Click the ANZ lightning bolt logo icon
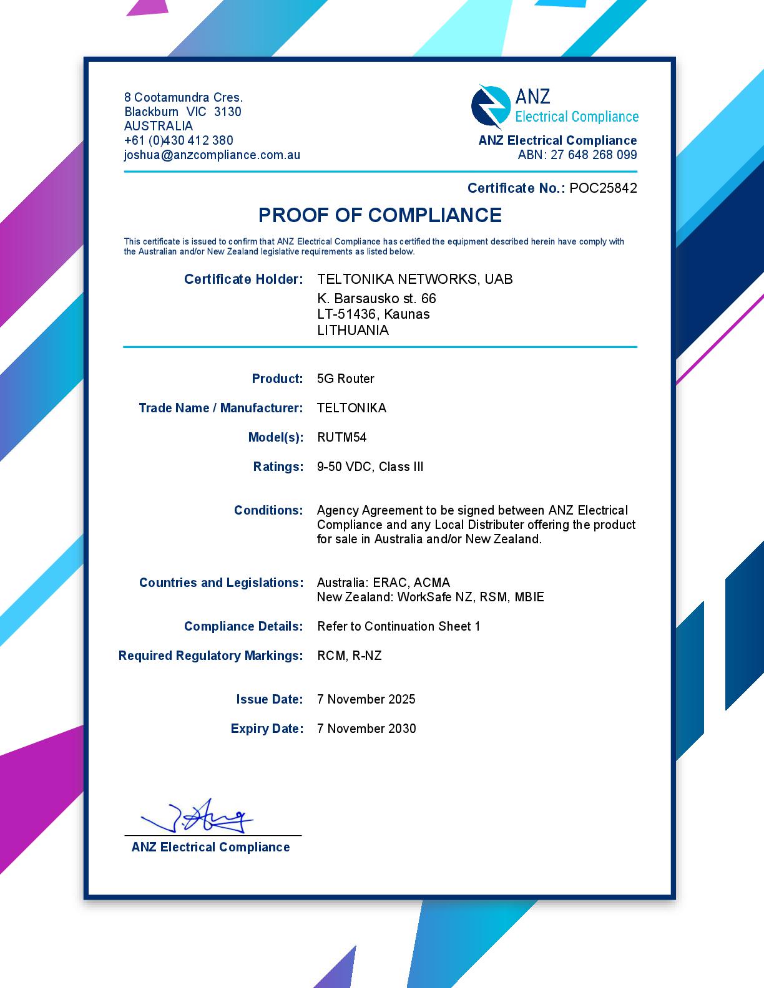pyautogui.click(x=490, y=107)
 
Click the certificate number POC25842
pyautogui.click(x=603, y=188)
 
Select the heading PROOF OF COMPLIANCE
pyautogui.click(x=380, y=215)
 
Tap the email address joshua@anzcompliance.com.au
pyautogui.click(x=212, y=155)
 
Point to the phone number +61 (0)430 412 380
pyautogui.click(x=179, y=140)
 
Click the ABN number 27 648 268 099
pyautogui.click(x=594, y=155)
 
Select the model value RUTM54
pyautogui.click(x=341, y=437)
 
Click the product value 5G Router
pyautogui.click(x=345, y=379)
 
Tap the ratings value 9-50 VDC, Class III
pyautogui.click(x=370, y=467)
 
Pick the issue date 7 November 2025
pyautogui.click(x=366, y=699)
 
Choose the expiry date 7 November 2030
pyautogui.click(x=366, y=729)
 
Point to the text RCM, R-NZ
pyautogui.click(x=349, y=656)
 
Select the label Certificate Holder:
pyautogui.click(x=243, y=279)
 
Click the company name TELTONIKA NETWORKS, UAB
pyautogui.click(x=414, y=279)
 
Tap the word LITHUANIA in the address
pyautogui.click(x=353, y=331)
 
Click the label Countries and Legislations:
pyautogui.click(x=221, y=583)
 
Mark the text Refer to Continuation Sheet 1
pyautogui.click(x=398, y=626)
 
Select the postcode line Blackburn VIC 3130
pyautogui.click(x=182, y=112)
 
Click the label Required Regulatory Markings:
pyautogui.click(x=210, y=656)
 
